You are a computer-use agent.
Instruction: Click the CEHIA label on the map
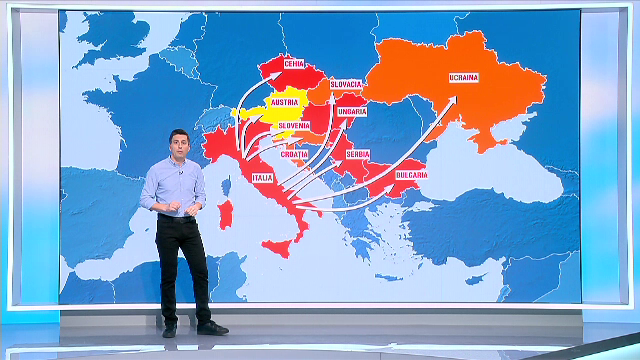point(294,63)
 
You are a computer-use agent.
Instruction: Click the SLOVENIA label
point(294,125)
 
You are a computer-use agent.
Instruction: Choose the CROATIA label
point(295,155)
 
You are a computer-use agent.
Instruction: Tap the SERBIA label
point(357,154)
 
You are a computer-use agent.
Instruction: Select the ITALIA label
point(263,178)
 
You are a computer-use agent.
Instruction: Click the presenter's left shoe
point(211,327)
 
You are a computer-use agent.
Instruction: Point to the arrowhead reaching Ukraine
point(453,99)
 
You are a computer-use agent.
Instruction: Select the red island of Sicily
point(283,246)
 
